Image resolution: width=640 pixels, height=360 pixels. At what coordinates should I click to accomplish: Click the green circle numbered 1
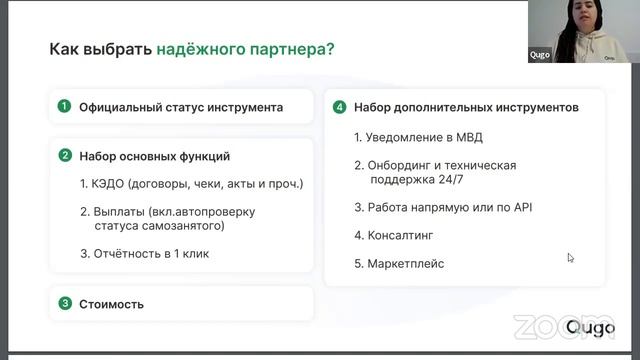[x=64, y=106]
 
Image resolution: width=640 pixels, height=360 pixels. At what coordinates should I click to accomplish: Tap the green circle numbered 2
[x=64, y=156]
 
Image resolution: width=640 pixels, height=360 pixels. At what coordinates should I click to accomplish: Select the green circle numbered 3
[x=64, y=303]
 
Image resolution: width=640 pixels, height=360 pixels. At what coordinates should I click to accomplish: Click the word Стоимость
[x=112, y=303]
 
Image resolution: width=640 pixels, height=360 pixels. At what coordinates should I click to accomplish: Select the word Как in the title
[x=63, y=49]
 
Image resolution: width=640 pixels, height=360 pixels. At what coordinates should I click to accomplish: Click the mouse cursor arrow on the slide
[x=570, y=257]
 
